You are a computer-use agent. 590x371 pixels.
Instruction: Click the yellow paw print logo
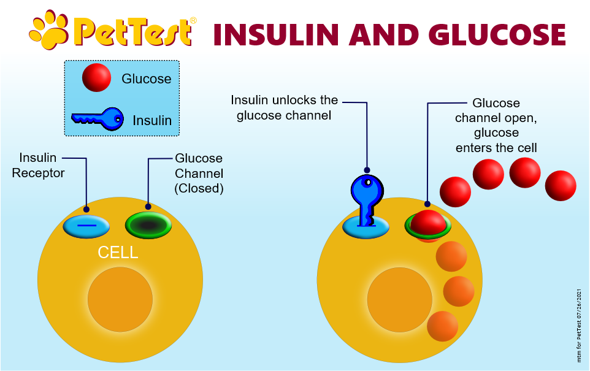(x=49, y=29)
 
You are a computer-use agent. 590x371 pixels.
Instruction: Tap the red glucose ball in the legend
(x=97, y=77)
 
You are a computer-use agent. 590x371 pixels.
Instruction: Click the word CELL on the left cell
(x=118, y=253)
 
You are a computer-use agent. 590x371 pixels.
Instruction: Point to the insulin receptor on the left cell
(x=86, y=226)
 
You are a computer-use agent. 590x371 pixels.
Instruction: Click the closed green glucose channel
(x=148, y=226)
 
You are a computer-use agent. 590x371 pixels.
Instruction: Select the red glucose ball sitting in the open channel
(x=428, y=224)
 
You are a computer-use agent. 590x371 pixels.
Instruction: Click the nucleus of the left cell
(x=120, y=299)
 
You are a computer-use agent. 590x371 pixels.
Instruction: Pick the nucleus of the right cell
(x=400, y=300)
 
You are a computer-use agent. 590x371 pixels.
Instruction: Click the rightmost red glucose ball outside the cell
(x=561, y=185)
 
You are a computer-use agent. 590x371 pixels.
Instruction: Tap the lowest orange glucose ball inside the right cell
(x=443, y=326)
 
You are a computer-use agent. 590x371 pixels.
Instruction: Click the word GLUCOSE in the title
(x=497, y=34)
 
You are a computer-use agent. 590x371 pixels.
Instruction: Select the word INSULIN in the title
(x=276, y=34)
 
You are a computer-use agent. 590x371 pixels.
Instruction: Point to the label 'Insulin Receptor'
(x=38, y=165)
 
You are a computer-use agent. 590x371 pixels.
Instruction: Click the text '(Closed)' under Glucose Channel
(x=199, y=188)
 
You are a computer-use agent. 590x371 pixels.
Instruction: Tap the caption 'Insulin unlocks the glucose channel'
(x=284, y=107)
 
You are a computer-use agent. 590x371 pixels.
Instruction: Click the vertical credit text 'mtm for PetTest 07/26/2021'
(x=579, y=326)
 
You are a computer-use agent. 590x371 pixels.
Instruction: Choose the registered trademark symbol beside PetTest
(x=193, y=20)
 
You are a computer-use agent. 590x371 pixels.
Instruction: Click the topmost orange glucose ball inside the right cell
(x=451, y=256)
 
